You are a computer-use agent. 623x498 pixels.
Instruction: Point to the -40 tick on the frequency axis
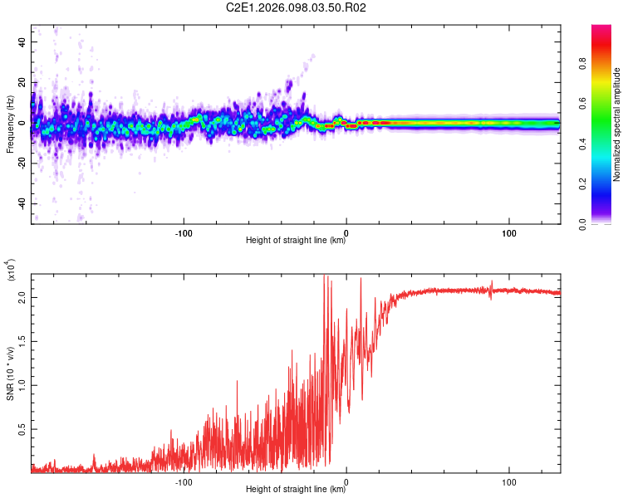tap(22, 203)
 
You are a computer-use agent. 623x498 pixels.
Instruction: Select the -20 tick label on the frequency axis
tap(22, 164)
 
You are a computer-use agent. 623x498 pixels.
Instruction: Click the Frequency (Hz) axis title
tap(11, 124)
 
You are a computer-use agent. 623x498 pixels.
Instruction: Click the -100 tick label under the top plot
tap(184, 231)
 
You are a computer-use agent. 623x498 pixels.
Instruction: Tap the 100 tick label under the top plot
tap(508, 231)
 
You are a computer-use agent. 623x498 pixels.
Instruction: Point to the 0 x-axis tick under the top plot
tap(346, 231)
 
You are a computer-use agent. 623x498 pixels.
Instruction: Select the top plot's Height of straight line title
tap(296, 241)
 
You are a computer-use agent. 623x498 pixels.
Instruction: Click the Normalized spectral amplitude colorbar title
tap(617, 124)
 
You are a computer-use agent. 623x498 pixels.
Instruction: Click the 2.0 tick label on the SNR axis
tap(22, 297)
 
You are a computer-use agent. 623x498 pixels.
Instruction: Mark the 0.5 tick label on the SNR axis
tap(22, 428)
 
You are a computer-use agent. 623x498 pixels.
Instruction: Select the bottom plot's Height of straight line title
tap(296, 490)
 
